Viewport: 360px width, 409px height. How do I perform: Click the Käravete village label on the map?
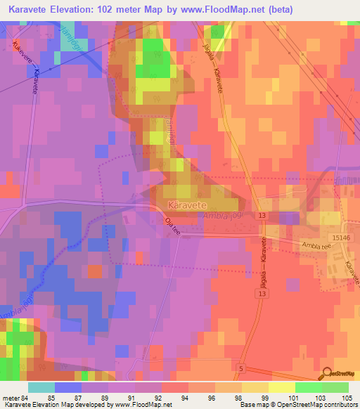186,205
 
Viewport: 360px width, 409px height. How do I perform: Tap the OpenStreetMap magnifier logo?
328,373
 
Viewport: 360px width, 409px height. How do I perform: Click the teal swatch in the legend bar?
41,387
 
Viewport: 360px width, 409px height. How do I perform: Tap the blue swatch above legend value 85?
68,387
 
